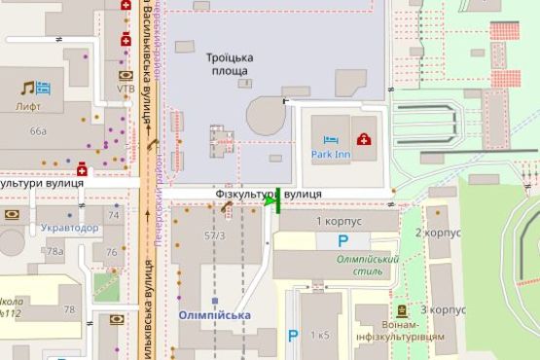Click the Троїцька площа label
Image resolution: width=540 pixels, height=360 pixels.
[x=227, y=64]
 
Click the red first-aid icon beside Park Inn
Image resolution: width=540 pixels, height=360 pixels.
[x=364, y=139]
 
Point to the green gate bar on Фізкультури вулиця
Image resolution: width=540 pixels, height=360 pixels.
[x=278, y=199]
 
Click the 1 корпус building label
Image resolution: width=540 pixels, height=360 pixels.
[x=339, y=223]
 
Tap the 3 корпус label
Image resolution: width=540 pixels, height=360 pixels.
[x=437, y=309]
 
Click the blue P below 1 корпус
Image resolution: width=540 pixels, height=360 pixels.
[x=342, y=241]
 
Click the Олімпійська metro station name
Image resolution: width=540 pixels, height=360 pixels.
[x=215, y=315]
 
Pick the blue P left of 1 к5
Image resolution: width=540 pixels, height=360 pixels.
[x=292, y=337]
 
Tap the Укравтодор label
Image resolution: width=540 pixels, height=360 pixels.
[x=69, y=228]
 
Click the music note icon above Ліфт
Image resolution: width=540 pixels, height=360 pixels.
[x=28, y=89]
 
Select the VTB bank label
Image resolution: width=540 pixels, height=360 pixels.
[x=126, y=89]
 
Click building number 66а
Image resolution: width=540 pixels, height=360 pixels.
[x=38, y=130]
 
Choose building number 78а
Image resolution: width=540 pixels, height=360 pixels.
[x=55, y=252]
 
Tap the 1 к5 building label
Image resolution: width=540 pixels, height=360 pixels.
[x=319, y=335]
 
